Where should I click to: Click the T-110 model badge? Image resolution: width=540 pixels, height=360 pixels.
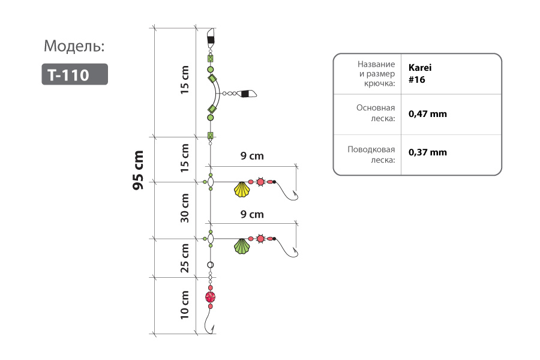[75, 74]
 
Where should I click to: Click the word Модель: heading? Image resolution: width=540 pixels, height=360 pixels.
[74, 46]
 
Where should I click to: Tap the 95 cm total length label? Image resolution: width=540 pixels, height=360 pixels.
[138, 170]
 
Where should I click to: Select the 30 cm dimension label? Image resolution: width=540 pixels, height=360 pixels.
[185, 208]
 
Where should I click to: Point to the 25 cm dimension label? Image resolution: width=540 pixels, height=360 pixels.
[185, 258]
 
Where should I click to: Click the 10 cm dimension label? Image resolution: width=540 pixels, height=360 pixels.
[185, 305]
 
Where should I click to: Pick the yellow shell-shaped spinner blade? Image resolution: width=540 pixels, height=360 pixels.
[242, 190]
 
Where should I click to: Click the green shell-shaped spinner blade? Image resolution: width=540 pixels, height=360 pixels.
[242, 247]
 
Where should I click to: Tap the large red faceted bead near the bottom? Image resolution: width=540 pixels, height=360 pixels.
[211, 297]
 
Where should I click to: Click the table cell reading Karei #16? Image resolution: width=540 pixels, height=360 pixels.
[420, 74]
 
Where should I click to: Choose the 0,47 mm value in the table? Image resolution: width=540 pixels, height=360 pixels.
[428, 114]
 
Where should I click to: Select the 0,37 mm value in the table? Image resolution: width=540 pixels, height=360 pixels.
[428, 152]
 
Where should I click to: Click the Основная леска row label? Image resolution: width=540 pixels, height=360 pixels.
[376, 113]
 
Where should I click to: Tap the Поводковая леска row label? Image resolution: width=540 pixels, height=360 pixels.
[371, 155]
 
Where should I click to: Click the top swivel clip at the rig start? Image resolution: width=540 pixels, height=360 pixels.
[211, 36]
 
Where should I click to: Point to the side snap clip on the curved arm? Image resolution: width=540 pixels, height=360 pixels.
[248, 94]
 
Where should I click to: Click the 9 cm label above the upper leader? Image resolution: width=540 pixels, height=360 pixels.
[252, 156]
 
